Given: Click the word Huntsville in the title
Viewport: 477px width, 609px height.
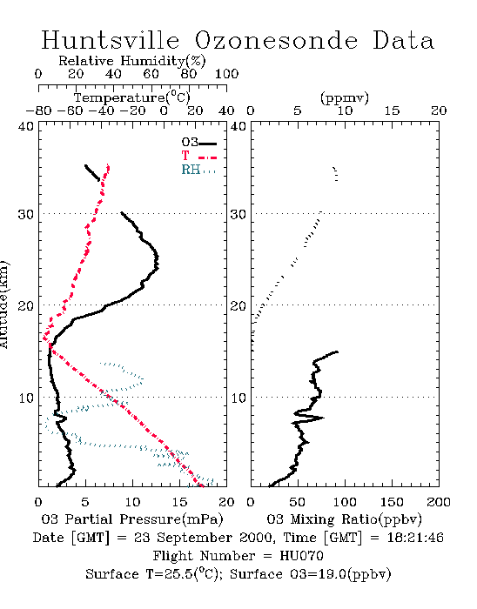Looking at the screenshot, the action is tap(111, 40).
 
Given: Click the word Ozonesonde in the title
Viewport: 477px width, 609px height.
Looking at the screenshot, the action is tap(276, 40).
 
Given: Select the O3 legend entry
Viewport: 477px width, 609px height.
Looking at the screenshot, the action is tap(198, 143).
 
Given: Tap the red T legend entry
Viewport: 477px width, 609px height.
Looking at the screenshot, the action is tap(198, 156).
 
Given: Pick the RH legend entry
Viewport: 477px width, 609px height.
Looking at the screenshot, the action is tap(198, 170).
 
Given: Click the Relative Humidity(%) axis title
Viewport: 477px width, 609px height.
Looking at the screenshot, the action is tap(132, 61).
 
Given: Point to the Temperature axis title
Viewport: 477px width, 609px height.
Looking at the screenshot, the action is tap(132, 97).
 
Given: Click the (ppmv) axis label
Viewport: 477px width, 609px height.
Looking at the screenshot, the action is tap(345, 98).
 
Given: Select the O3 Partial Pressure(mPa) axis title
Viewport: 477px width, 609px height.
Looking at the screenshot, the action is tap(132, 519).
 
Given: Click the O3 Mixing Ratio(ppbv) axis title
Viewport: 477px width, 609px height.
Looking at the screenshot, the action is tap(344, 519).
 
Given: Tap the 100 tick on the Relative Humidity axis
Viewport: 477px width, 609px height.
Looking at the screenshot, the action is tap(226, 74).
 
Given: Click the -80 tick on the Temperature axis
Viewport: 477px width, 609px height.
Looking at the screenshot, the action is tap(38, 110).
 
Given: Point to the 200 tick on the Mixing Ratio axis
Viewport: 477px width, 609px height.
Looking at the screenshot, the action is tap(439, 502).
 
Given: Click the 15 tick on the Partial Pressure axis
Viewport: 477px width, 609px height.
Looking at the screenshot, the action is tap(179, 502).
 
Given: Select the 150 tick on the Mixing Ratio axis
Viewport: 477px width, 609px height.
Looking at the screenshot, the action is tap(392, 502).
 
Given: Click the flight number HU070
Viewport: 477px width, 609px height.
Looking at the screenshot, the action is tap(301, 556).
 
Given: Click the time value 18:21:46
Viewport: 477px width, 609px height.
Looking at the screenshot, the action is tap(415, 538).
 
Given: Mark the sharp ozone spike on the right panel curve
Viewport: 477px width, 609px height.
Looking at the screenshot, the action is tap(323, 418).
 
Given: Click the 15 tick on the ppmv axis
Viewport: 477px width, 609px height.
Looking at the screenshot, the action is tap(392, 110).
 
